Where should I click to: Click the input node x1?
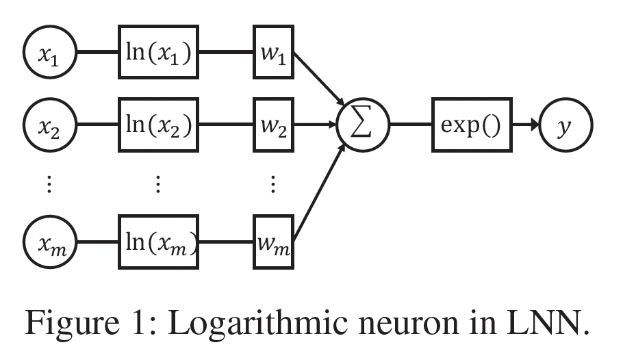[49, 52]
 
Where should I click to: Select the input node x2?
[49, 126]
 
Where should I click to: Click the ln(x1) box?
[158, 52]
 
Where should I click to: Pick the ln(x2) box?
[158, 126]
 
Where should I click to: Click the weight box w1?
[273, 52]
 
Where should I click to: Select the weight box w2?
[273, 126]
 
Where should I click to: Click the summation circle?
[363, 127]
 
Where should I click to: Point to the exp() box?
[472, 127]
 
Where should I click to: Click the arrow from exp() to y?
[525, 127]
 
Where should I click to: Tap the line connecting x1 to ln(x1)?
[97, 52]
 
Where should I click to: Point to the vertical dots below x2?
[49, 184]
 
